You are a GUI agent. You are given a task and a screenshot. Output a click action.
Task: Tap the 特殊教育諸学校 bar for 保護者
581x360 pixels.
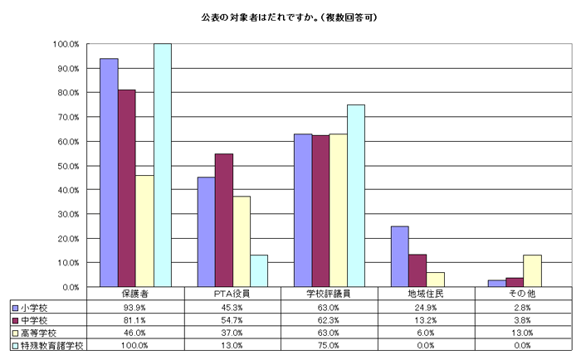click(162, 165)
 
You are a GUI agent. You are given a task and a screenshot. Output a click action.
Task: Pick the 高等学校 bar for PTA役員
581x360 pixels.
click(242, 241)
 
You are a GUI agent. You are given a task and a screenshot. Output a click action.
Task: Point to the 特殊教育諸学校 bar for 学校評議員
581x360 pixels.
click(355, 196)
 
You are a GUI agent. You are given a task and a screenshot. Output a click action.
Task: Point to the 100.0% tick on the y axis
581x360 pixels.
click(65, 44)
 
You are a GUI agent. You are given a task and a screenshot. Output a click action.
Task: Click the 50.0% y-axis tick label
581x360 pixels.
click(66, 166)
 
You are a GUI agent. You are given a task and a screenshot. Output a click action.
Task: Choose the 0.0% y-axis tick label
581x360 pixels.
click(68, 287)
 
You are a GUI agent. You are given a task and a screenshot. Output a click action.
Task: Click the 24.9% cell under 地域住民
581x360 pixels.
click(427, 307)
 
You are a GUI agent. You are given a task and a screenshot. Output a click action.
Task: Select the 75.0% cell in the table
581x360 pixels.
click(330, 344)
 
